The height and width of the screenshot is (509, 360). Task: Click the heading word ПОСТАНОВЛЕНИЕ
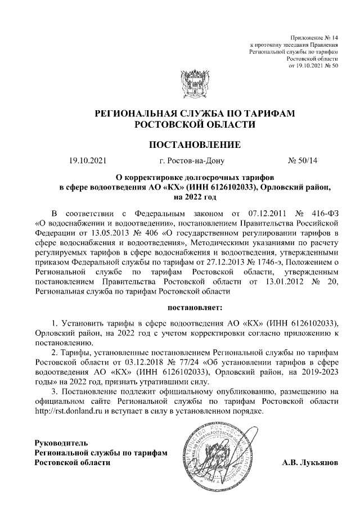click(194, 145)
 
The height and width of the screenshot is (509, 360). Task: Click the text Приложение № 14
click(313, 36)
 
